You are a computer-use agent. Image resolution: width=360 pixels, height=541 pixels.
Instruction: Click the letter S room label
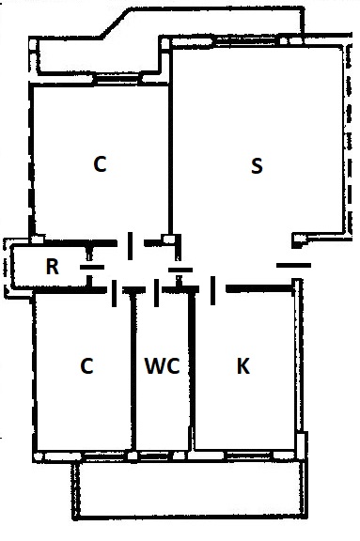point(257,166)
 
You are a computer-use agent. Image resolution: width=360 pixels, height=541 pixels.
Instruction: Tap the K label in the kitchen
point(243,365)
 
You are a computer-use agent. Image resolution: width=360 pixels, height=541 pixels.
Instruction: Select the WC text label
point(163,365)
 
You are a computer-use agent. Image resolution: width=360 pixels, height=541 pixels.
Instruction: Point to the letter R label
point(52,267)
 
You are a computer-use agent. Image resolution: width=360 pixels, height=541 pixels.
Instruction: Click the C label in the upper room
point(100,163)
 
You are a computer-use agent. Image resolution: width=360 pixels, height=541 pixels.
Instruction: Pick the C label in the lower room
point(86,365)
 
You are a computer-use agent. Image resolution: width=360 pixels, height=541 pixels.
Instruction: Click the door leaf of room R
point(92,267)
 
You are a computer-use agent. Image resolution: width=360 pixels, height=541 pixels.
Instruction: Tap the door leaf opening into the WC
point(156,293)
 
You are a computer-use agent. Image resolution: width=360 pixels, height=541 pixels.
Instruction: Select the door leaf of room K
point(213,290)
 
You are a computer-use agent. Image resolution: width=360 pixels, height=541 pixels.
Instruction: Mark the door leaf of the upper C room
point(130,246)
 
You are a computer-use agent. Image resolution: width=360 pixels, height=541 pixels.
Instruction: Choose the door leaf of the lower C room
point(115,293)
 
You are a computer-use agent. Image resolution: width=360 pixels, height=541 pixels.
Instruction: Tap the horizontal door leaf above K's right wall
point(293,265)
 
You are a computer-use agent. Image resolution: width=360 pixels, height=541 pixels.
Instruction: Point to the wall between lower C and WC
point(133,372)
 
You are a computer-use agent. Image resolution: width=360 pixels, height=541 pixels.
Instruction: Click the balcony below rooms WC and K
point(189,489)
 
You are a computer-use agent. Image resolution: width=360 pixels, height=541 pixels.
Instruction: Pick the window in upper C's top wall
point(117,78)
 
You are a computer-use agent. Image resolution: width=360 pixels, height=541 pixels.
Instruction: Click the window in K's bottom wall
point(249,455)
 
